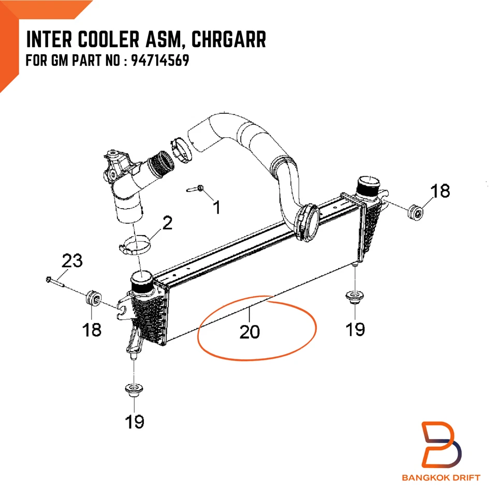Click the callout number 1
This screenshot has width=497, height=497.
217,207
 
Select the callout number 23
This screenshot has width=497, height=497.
72,260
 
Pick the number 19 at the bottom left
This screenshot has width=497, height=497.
134,421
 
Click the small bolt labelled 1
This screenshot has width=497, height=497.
196,189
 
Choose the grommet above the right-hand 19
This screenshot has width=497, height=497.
354,298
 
